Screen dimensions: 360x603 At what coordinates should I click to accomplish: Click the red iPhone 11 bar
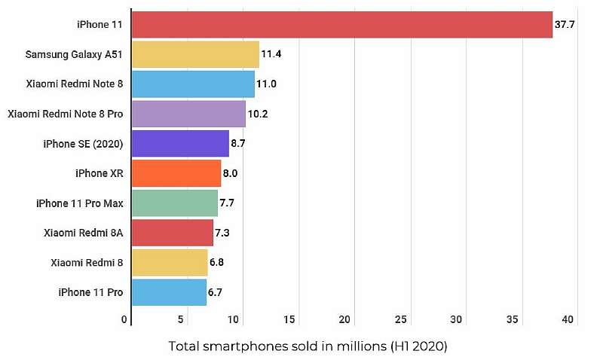click(341, 24)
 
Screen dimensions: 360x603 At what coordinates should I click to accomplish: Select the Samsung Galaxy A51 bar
click(195, 54)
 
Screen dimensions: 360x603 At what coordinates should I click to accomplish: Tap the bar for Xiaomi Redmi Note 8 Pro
click(188, 114)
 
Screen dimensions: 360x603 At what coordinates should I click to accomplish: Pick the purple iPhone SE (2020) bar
click(180, 143)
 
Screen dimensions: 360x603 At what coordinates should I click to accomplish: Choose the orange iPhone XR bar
click(176, 173)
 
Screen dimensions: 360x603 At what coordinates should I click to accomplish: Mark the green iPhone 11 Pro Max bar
click(175, 203)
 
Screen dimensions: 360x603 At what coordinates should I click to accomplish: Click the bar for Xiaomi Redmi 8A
click(173, 233)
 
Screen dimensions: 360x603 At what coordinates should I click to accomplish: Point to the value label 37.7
click(565, 24)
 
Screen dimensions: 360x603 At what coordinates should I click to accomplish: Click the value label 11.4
click(271, 54)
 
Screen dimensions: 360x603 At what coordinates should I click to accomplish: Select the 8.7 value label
click(240, 143)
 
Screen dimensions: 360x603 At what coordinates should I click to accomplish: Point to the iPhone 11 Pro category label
click(91, 291)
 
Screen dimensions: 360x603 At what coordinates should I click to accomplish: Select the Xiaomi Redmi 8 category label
click(87, 262)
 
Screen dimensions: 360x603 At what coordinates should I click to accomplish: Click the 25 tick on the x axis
click(401, 320)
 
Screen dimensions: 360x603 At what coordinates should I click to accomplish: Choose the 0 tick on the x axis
click(125, 320)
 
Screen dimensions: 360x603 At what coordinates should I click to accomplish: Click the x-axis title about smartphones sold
click(308, 346)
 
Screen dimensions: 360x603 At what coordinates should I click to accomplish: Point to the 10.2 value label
click(258, 114)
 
